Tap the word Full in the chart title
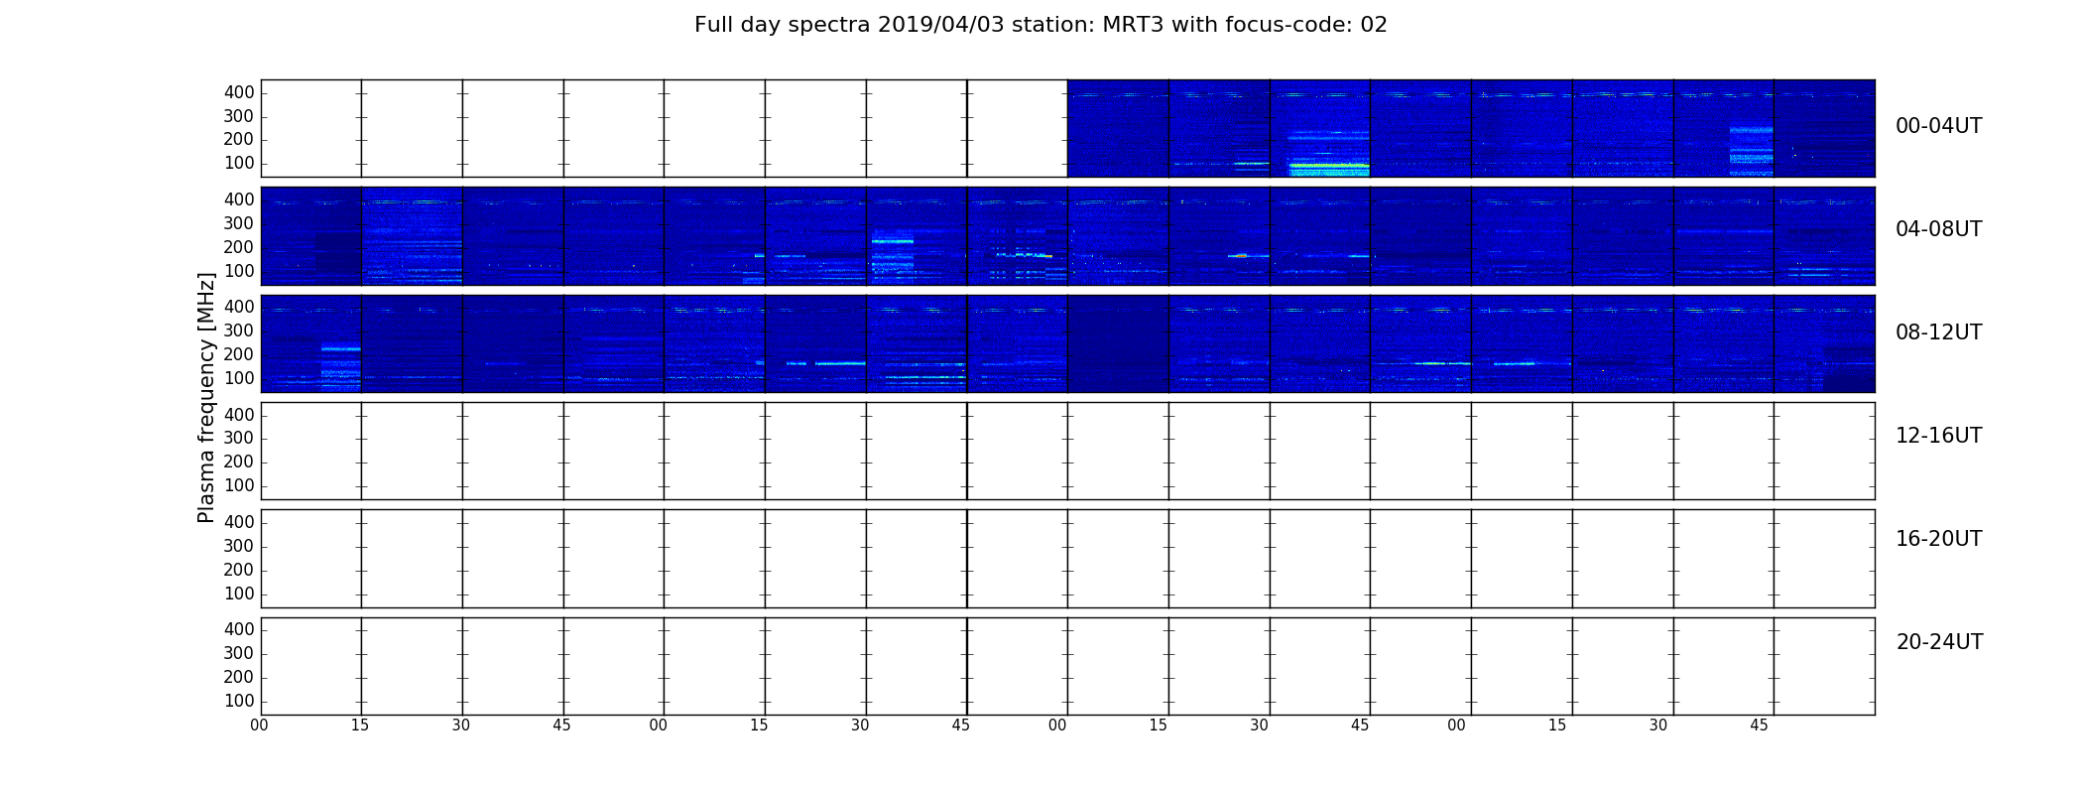pyautogui.click(x=713, y=25)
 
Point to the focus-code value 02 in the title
pyautogui.click(x=1374, y=25)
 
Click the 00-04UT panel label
pyautogui.click(x=1938, y=126)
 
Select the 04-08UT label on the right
pyautogui.click(x=1938, y=229)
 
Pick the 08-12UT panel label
pyautogui.click(x=1938, y=332)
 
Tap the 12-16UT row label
pyautogui.click(x=1938, y=436)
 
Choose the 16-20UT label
pyautogui.click(x=1938, y=539)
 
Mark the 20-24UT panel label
pyautogui.click(x=1939, y=642)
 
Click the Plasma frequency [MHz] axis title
pyautogui.click(x=206, y=397)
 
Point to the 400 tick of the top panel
pyautogui.click(x=239, y=92)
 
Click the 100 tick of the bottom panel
pyautogui.click(x=239, y=701)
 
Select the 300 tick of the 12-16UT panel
pyautogui.click(x=239, y=439)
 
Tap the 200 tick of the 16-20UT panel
pyautogui.click(x=239, y=570)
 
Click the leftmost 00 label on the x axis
pyautogui.click(x=259, y=726)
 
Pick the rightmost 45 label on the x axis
pyautogui.click(x=1759, y=726)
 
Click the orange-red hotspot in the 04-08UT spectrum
pyautogui.click(x=1239, y=256)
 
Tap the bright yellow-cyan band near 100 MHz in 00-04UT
pyautogui.click(x=1329, y=165)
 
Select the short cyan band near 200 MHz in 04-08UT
pyautogui.click(x=893, y=241)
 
